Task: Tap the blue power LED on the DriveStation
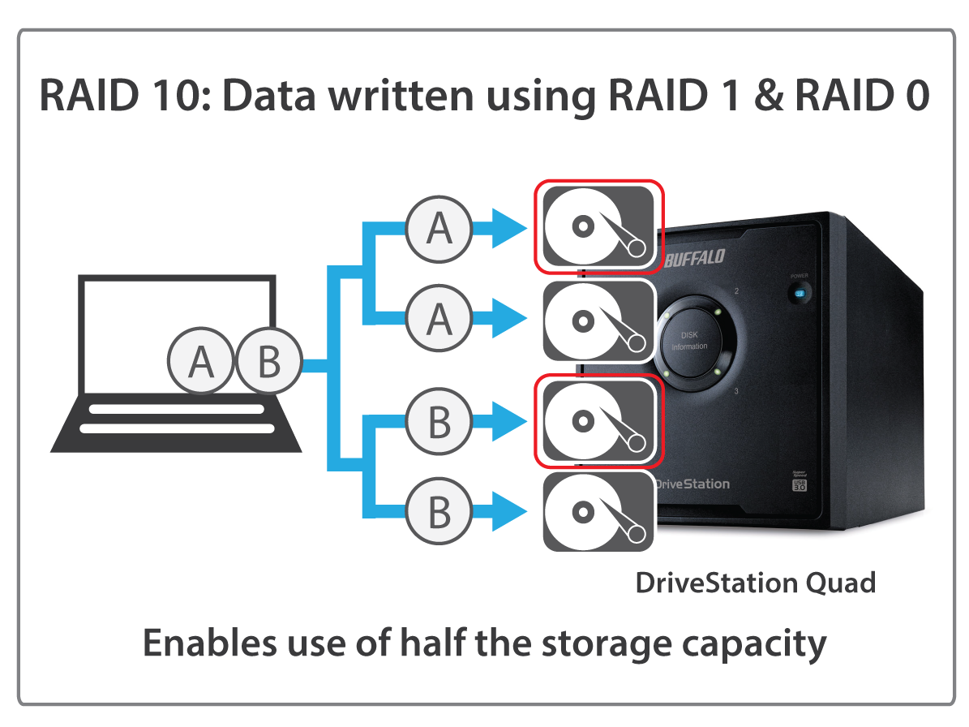point(800,293)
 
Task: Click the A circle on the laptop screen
point(200,363)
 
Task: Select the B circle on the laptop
point(268,363)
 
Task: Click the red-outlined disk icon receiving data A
point(598,226)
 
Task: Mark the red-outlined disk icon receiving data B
point(598,419)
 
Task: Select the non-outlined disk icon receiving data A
point(598,320)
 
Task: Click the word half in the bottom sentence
point(435,643)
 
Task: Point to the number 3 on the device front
point(735,392)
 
